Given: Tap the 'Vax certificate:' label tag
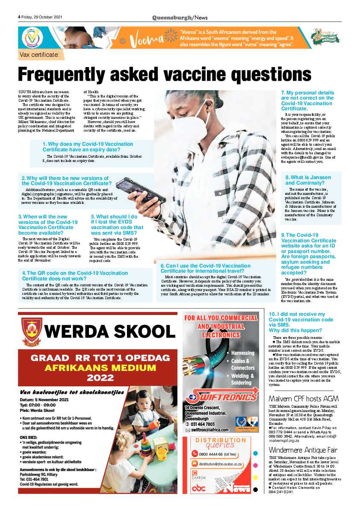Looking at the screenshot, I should (x=41, y=55).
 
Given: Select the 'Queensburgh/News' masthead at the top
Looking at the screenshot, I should (x=180, y=17).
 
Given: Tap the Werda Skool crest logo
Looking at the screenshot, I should (x=32, y=331).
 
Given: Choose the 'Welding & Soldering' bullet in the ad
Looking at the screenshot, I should (x=242, y=379).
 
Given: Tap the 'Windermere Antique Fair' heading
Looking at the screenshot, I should (x=303, y=450).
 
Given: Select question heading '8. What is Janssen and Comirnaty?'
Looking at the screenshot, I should (x=308, y=180).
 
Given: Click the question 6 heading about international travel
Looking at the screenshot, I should (x=205, y=268).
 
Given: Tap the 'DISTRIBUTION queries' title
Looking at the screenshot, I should (x=220, y=442).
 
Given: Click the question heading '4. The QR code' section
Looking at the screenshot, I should (x=75, y=275).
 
